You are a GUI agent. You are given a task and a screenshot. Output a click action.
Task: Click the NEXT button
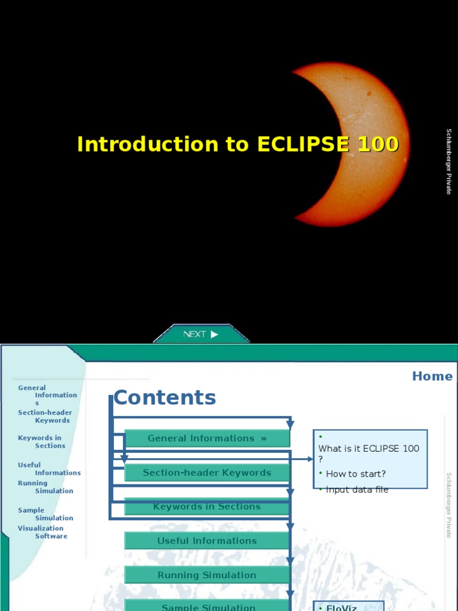click(x=201, y=334)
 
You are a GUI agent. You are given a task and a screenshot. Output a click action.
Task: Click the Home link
click(x=432, y=376)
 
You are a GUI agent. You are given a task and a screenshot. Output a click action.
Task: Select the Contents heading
click(x=165, y=397)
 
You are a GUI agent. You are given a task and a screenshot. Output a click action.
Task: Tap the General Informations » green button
click(x=207, y=439)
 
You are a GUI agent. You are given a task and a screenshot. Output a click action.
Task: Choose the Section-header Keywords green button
click(x=207, y=473)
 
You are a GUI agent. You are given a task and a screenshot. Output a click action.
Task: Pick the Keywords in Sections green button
click(x=207, y=507)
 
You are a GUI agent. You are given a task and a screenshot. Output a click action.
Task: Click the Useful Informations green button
click(x=207, y=541)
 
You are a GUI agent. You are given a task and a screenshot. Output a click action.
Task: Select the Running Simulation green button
click(x=207, y=575)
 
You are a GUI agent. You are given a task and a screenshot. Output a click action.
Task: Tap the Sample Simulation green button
click(x=207, y=606)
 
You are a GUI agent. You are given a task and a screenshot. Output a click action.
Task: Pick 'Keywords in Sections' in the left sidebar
click(x=41, y=442)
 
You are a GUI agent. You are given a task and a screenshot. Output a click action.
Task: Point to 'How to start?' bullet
click(x=355, y=474)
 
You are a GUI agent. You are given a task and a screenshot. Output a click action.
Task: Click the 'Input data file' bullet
click(x=357, y=490)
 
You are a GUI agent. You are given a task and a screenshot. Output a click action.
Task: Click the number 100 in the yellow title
click(x=375, y=144)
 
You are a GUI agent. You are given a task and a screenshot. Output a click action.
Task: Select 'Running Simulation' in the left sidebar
click(x=45, y=487)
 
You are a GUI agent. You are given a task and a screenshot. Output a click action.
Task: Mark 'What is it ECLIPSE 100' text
click(x=369, y=449)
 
